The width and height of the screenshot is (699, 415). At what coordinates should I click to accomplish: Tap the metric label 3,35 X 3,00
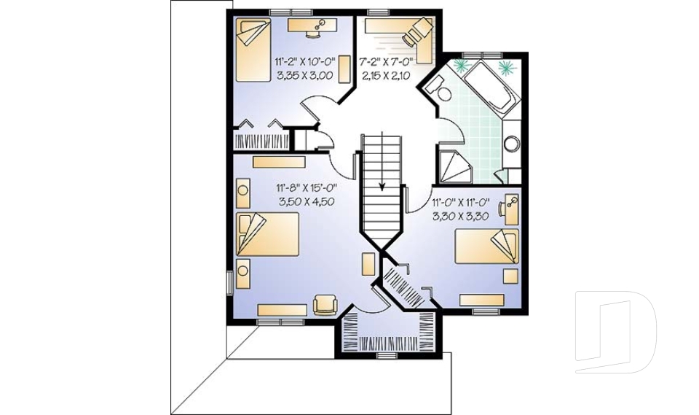click(305, 76)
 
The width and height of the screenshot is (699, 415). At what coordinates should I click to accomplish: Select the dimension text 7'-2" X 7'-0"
click(386, 62)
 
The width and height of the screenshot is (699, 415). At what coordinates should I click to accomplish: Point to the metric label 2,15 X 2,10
click(386, 76)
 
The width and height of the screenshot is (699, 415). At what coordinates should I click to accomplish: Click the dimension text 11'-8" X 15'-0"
click(307, 188)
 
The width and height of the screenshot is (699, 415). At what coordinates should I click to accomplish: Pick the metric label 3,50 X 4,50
click(307, 202)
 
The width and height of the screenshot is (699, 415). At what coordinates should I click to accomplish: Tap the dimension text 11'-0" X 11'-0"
click(461, 202)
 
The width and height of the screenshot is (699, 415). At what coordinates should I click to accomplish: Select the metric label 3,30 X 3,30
click(461, 216)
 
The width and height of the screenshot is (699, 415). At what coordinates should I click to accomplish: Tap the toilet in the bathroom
click(438, 90)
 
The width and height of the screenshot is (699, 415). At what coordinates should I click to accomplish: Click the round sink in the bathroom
click(512, 144)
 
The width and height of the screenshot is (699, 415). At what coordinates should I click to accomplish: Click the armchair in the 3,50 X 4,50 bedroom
click(325, 305)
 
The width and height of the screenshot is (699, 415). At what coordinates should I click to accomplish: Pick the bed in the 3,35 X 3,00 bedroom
click(253, 50)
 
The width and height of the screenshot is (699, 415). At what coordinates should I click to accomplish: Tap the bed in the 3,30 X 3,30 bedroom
click(487, 246)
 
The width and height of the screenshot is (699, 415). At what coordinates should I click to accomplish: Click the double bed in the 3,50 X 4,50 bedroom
click(267, 234)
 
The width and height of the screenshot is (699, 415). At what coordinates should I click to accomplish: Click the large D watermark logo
click(615, 333)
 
